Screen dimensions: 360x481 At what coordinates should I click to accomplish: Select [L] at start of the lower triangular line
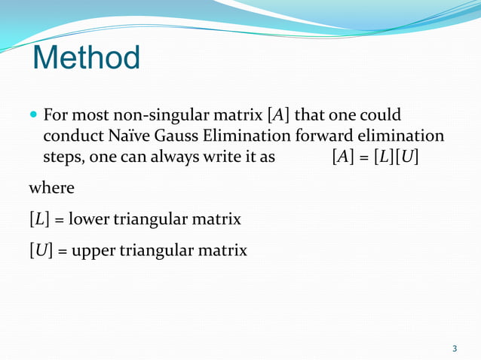tap(38, 220)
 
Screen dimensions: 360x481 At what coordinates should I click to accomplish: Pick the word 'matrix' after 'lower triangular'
tap(216, 220)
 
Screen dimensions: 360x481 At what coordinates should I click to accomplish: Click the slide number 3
tap(455, 348)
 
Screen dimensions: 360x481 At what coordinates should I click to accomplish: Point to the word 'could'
tap(379, 116)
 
